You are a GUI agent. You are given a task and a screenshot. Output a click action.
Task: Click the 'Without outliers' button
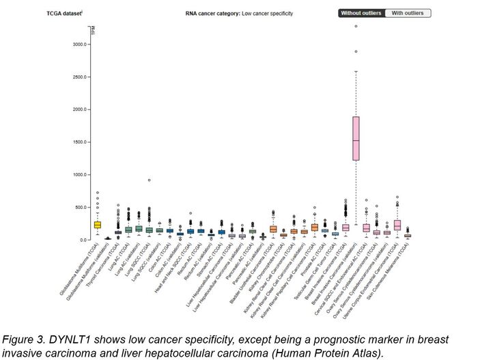point(361,13)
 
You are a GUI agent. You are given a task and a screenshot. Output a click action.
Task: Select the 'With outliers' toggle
point(408,13)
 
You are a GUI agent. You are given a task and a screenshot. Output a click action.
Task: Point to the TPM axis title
point(94,30)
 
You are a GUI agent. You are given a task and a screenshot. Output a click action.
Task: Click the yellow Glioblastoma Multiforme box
point(98,225)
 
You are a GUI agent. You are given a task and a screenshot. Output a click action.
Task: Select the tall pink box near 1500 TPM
point(356,138)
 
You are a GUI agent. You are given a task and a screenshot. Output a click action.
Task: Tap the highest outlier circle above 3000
point(356,27)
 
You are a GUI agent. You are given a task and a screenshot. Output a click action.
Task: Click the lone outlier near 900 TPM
point(149,180)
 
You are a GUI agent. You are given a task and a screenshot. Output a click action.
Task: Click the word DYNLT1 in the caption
point(89,340)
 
